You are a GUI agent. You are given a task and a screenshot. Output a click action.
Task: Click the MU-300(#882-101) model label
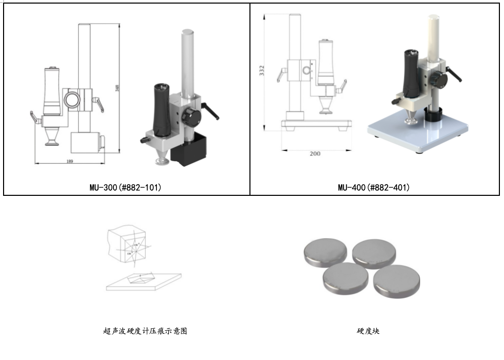(125, 188)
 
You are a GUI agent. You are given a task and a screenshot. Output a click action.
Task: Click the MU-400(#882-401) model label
(374, 188)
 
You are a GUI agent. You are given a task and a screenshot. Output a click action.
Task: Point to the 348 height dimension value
(117, 88)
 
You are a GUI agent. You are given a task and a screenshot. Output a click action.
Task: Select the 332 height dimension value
(262, 71)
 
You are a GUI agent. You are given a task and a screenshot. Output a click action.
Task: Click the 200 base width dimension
(315, 153)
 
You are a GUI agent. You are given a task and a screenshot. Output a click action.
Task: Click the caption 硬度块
(368, 331)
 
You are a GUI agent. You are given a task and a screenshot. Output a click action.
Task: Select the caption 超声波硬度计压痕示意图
(145, 331)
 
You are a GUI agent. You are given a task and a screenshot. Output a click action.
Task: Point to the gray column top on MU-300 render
(188, 36)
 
